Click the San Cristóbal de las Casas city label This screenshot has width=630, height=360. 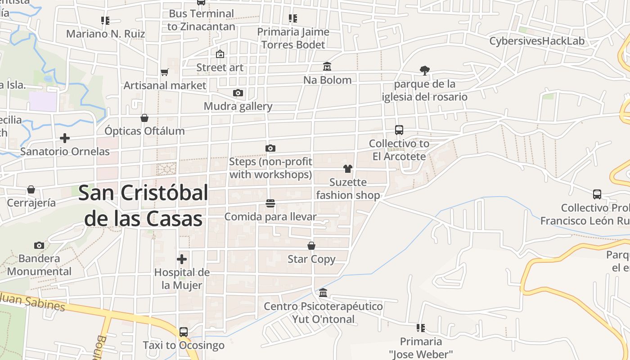click(143, 206)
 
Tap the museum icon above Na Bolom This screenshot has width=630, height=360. click(327, 67)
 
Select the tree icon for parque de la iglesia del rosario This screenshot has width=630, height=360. click(424, 70)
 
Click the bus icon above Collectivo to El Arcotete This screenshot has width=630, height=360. click(399, 130)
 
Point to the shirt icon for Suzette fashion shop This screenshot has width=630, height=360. click(347, 169)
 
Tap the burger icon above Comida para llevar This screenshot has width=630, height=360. click(270, 203)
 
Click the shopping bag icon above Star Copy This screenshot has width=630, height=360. click(311, 246)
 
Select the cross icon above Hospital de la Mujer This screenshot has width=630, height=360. click(182, 259)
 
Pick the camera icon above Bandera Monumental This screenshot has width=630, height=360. click(39, 245)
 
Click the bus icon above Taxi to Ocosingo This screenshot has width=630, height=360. click(183, 332)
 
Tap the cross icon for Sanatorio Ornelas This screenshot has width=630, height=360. click(65, 138)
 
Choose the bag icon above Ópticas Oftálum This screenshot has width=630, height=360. click(144, 118)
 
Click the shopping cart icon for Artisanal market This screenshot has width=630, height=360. click(165, 72)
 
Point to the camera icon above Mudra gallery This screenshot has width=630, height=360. click(238, 93)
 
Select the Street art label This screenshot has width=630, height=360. click(220, 68)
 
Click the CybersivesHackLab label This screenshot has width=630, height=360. click(537, 41)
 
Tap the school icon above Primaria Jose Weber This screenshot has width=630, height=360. click(421, 328)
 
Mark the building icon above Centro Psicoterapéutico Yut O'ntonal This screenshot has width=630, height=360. click(323, 293)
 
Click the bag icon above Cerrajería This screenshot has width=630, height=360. click(31, 189)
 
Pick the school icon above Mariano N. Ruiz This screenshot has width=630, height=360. click(105, 20)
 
